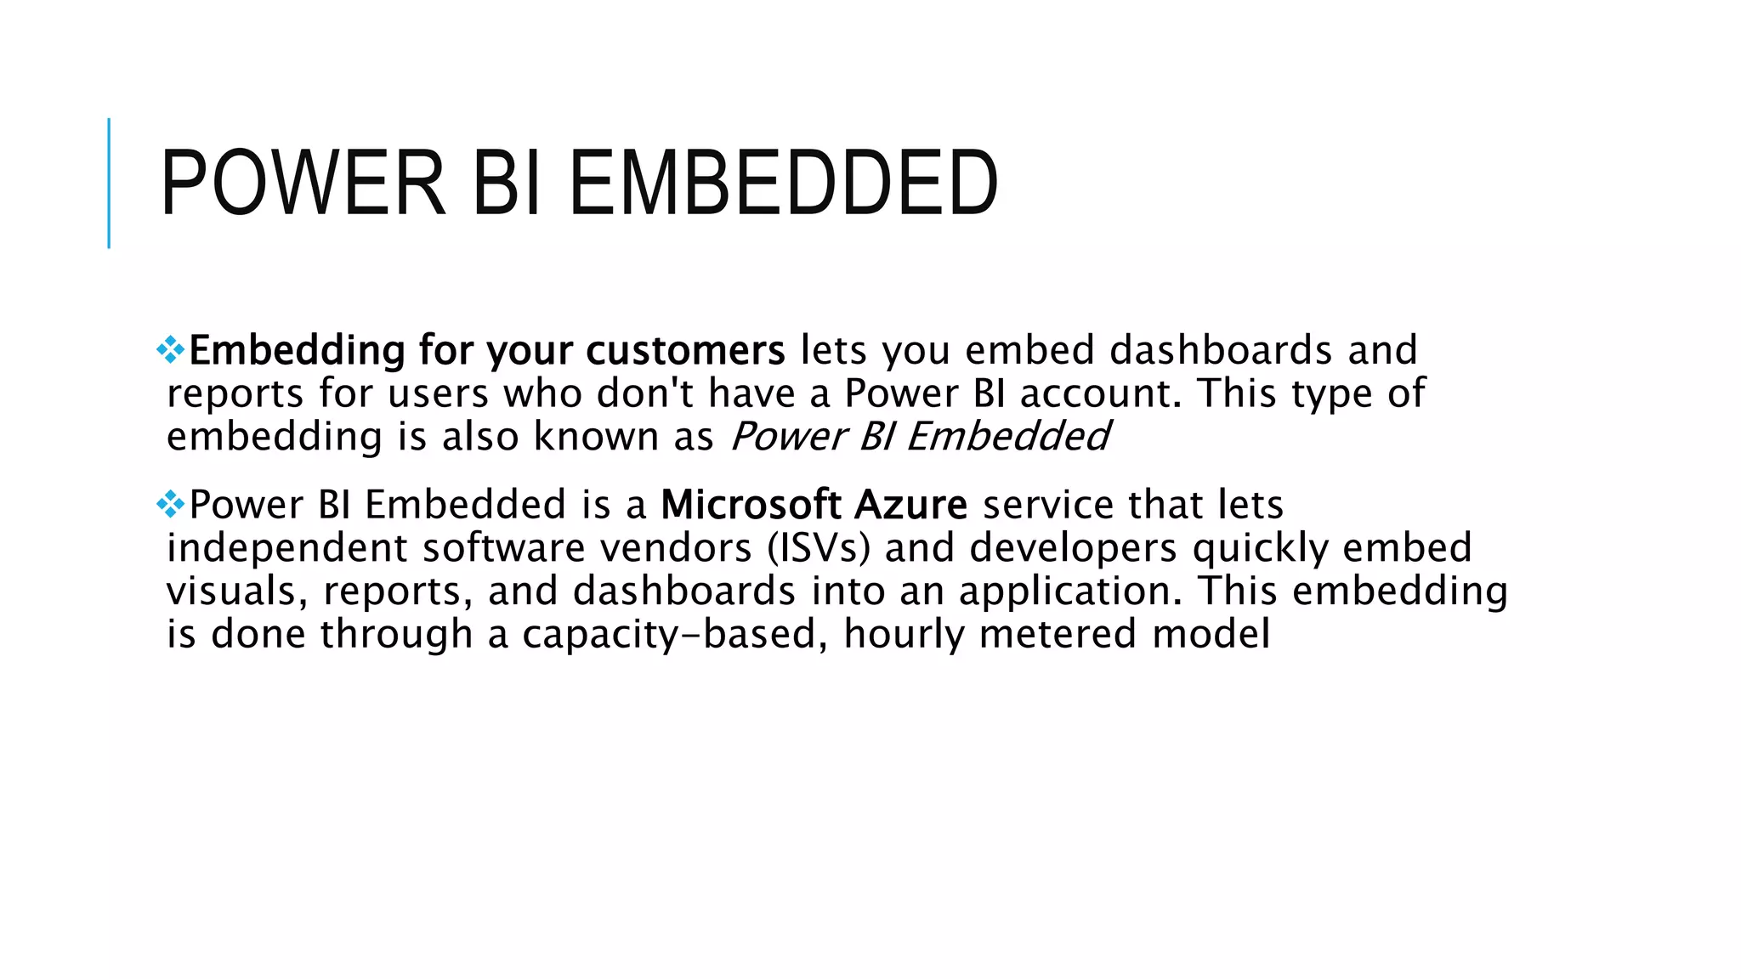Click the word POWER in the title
point(303,183)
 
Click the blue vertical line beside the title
point(109,183)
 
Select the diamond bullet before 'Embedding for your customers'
point(171,350)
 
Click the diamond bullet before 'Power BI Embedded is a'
point(171,505)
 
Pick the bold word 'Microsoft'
point(751,505)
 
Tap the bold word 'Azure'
point(910,505)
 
